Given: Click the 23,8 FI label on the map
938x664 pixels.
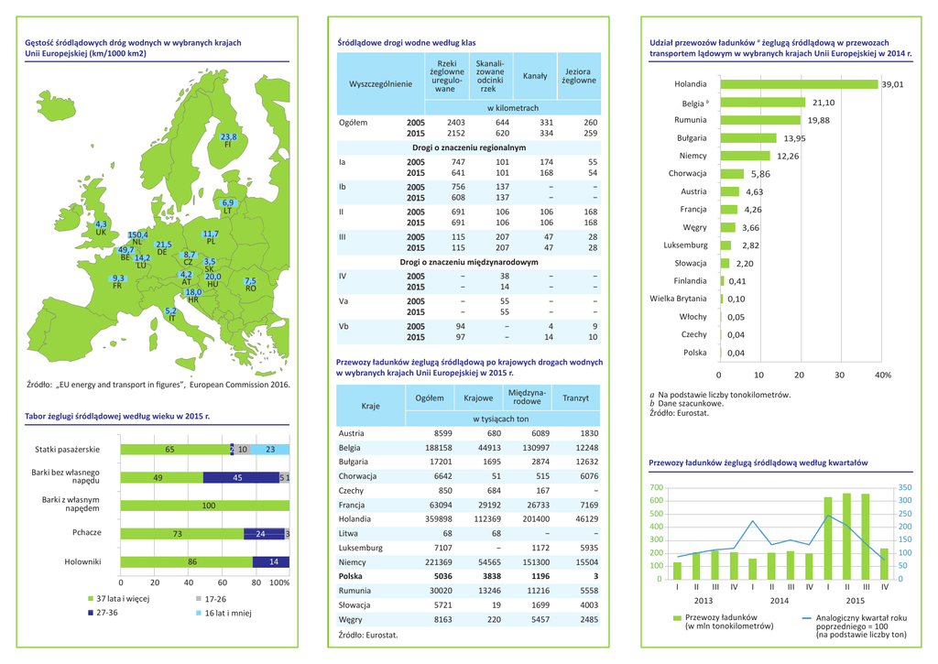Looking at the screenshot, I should [x=229, y=140].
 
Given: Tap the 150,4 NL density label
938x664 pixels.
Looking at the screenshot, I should [x=137, y=237].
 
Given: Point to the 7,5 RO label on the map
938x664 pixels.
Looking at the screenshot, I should [x=250, y=283].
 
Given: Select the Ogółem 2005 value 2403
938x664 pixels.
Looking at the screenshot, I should [x=455, y=122].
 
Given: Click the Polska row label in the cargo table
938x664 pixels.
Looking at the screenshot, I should [x=352, y=578].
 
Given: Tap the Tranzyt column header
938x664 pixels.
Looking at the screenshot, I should [x=575, y=398].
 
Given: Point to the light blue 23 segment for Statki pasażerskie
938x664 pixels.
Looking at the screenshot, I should [x=270, y=450].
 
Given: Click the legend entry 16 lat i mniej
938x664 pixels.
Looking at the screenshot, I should [x=226, y=613].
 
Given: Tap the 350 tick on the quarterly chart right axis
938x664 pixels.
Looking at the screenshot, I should [x=905, y=488].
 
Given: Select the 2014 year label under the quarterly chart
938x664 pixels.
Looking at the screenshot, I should [x=780, y=600].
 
